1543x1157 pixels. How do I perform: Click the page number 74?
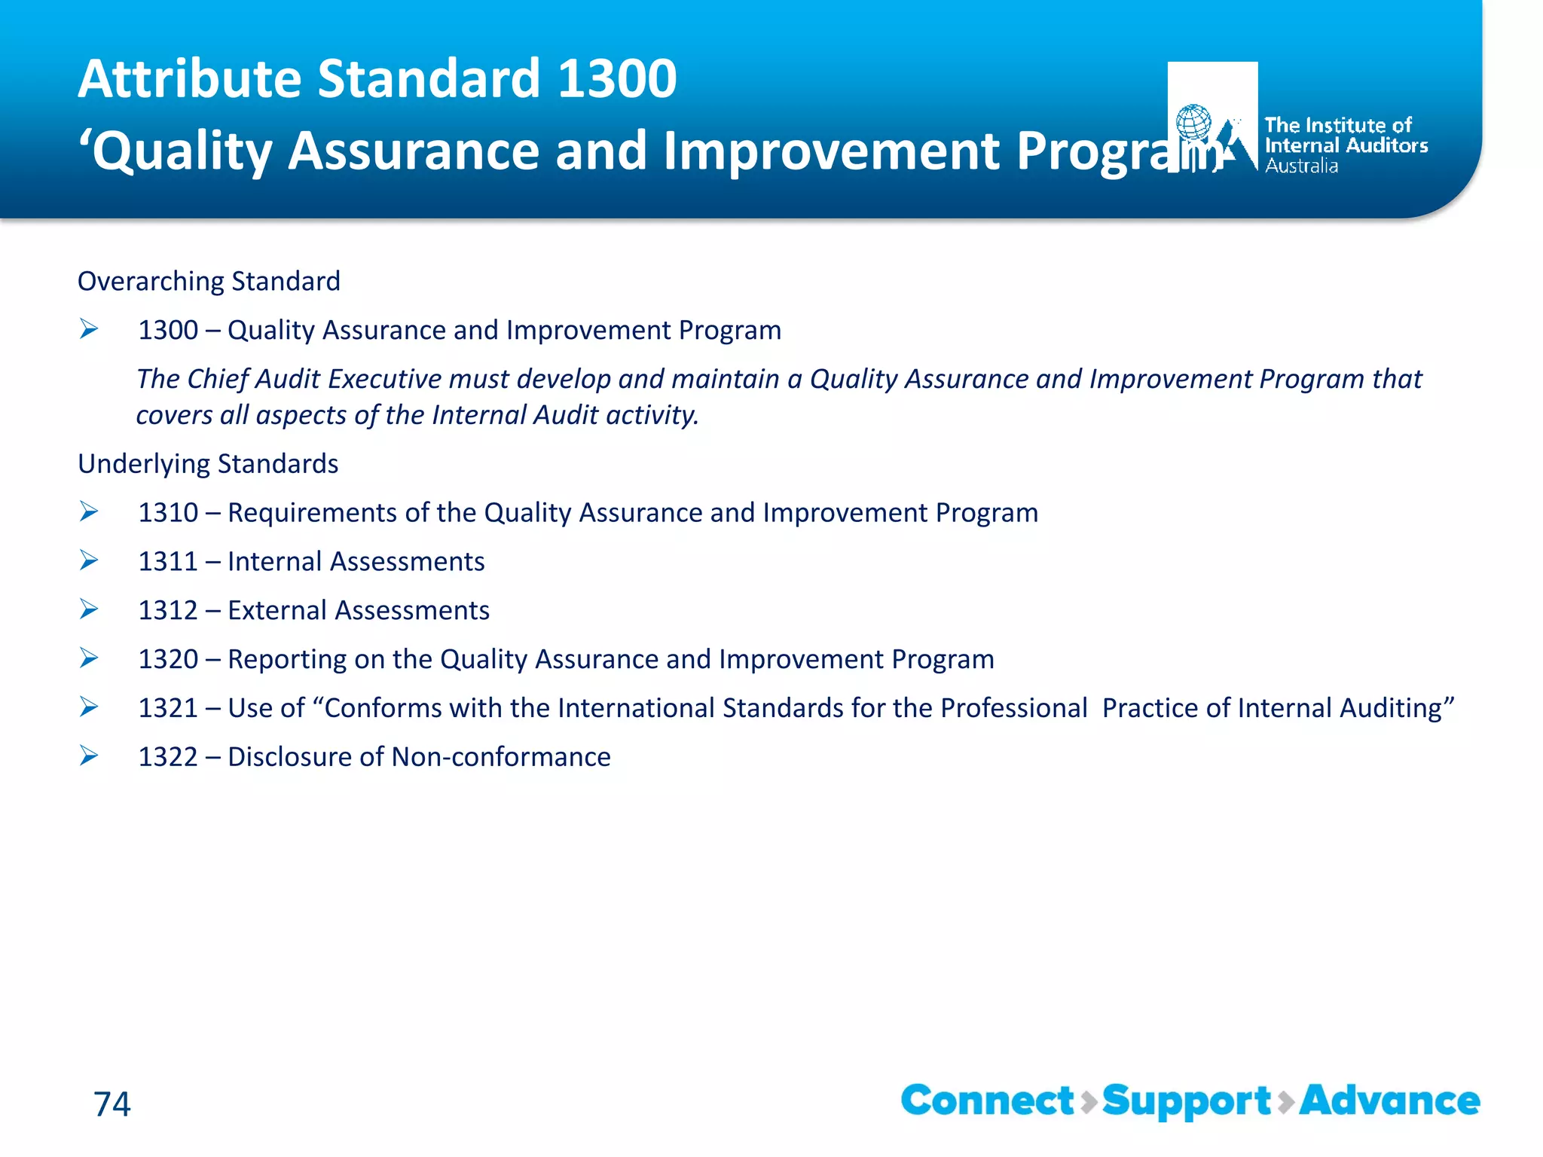tap(112, 1104)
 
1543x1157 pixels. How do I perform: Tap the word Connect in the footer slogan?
tap(987, 1101)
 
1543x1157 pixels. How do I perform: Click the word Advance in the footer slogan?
tap(1389, 1101)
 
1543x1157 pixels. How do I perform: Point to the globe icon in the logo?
tap(1194, 122)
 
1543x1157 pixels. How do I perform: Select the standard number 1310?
tap(168, 513)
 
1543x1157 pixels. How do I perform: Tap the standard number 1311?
tap(168, 562)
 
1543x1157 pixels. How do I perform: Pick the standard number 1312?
tap(168, 611)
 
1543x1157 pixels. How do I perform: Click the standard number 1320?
tap(168, 660)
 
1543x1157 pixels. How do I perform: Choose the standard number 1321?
tap(168, 709)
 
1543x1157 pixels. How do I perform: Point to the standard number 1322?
tap(168, 757)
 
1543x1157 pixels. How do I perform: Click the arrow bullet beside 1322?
tap(89, 756)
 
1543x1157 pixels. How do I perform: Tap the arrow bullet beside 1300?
tap(89, 329)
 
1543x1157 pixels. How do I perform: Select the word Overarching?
tap(151, 282)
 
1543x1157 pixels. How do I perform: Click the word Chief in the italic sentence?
tap(217, 380)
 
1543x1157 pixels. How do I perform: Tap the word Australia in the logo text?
tap(1301, 166)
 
